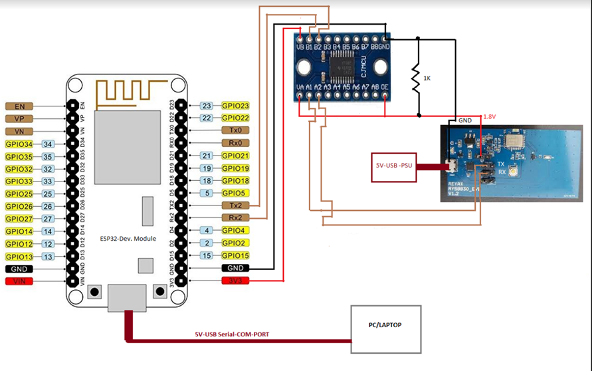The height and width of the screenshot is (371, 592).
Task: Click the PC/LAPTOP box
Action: coord(386,328)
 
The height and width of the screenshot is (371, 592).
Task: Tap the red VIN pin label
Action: coord(18,282)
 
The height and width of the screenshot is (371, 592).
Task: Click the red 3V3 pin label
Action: coord(236,281)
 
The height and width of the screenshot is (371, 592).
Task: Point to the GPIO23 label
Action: coord(235,106)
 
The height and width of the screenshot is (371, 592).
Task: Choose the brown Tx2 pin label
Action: coord(236,205)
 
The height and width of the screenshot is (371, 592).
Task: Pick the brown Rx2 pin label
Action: coord(236,218)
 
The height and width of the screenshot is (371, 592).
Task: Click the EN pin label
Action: coord(18,106)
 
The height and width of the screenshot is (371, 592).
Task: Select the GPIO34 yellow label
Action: coord(18,144)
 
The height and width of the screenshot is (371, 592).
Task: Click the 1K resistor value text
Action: coord(427,78)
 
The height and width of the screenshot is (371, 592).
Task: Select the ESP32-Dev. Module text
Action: coord(129,238)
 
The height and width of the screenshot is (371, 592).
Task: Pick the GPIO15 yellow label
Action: coord(235,255)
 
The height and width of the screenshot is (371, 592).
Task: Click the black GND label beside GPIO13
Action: coord(18,269)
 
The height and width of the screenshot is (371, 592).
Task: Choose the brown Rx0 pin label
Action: coord(236,143)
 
